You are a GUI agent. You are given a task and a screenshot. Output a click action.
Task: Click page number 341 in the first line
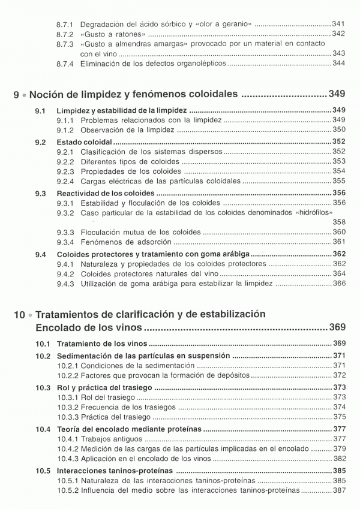click(x=338, y=23)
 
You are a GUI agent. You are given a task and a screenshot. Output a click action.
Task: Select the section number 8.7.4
click(x=65, y=64)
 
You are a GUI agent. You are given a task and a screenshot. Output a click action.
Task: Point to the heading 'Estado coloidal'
click(x=84, y=142)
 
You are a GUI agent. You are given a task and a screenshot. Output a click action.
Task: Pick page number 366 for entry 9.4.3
click(x=339, y=284)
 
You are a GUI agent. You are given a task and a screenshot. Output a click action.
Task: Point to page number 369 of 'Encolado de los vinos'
click(x=338, y=327)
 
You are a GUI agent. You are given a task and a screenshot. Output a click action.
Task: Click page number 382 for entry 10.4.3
click(x=339, y=459)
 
